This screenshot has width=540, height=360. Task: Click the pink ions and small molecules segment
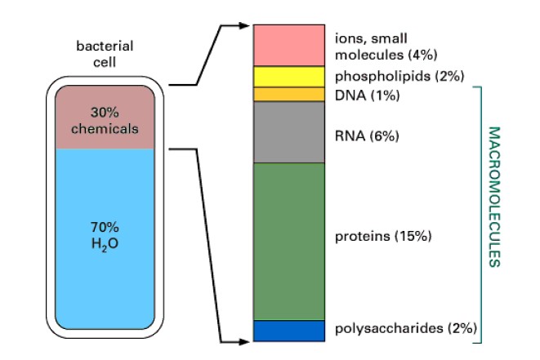click(x=289, y=45)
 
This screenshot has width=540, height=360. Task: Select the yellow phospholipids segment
click(x=289, y=77)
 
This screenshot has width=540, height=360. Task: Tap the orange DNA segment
click(x=289, y=95)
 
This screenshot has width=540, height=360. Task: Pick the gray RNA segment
click(x=289, y=132)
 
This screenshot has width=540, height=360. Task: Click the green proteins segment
click(x=289, y=242)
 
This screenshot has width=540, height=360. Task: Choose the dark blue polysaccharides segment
click(x=289, y=331)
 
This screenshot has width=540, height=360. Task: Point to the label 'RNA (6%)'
click(x=367, y=136)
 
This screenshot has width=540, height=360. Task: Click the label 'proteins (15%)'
click(x=383, y=237)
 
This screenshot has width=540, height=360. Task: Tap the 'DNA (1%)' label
click(x=368, y=95)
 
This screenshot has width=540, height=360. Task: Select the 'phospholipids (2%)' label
click(x=399, y=76)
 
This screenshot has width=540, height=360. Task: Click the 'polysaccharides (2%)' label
click(x=406, y=328)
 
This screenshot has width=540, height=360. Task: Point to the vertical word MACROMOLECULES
click(x=494, y=197)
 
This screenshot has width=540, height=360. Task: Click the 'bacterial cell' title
click(x=105, y=54)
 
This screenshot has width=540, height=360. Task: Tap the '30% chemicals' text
click(x=105, y=121)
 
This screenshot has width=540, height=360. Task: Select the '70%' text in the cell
click(x=105, y=227)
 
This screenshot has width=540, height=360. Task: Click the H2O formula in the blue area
click(x=105, y=244)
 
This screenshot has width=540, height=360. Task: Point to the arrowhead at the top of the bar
click(x=244, y=25)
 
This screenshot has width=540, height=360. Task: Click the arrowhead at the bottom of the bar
click(x=244, y=342)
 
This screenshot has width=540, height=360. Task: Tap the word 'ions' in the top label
click(x=347, y=38)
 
